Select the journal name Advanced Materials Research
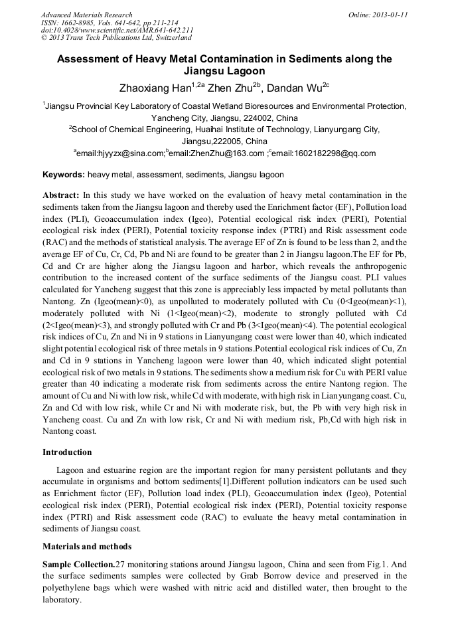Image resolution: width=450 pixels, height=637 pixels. pos(86,15)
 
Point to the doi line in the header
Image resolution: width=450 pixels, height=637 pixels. pos(117,30)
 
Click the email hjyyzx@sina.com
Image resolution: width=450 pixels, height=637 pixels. pos(120,153)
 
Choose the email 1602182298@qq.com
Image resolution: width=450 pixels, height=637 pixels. pos(326,153)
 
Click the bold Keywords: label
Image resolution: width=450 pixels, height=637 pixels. pos(64,175)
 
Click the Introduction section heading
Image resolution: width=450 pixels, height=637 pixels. pos(67,452)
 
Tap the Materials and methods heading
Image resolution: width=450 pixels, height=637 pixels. pos(87,547)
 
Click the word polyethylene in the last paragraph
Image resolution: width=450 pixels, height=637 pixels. pos(65,588)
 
